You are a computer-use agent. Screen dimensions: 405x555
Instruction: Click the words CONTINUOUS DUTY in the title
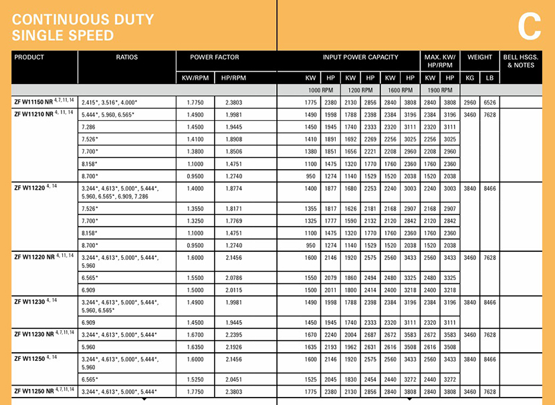[83, 20]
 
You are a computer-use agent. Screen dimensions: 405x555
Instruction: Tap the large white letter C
[528, 27]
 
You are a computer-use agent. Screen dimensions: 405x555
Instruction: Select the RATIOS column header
[126, 57]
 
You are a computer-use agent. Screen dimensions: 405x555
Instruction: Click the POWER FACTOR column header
[214, 57]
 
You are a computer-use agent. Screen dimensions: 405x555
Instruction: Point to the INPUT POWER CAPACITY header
[360, 57]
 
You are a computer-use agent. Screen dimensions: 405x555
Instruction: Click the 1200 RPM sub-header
[359, 90]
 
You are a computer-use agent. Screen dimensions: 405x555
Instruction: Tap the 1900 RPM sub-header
[439, 90]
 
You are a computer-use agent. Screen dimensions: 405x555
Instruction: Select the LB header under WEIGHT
[489, 78]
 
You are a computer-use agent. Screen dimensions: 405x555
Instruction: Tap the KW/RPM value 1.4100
[196, 140]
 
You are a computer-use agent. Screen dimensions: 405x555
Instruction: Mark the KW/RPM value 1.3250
[196, 221]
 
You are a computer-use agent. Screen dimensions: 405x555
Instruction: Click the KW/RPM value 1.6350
[196, 347]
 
